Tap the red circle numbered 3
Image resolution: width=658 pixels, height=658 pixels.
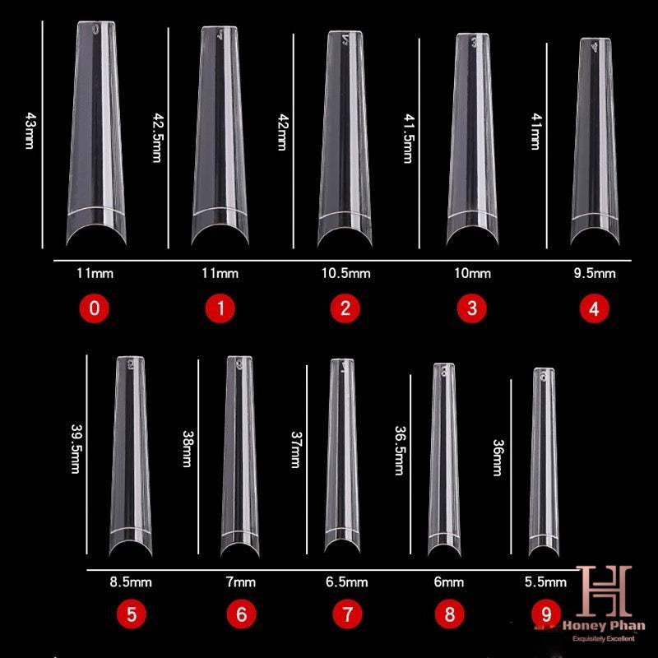point(471,309)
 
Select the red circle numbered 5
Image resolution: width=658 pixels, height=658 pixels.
point(132,614)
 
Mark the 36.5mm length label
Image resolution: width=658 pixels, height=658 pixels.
point(398,450)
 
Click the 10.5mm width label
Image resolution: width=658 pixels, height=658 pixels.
point(345,273)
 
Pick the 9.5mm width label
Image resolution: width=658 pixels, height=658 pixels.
point(596,273)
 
